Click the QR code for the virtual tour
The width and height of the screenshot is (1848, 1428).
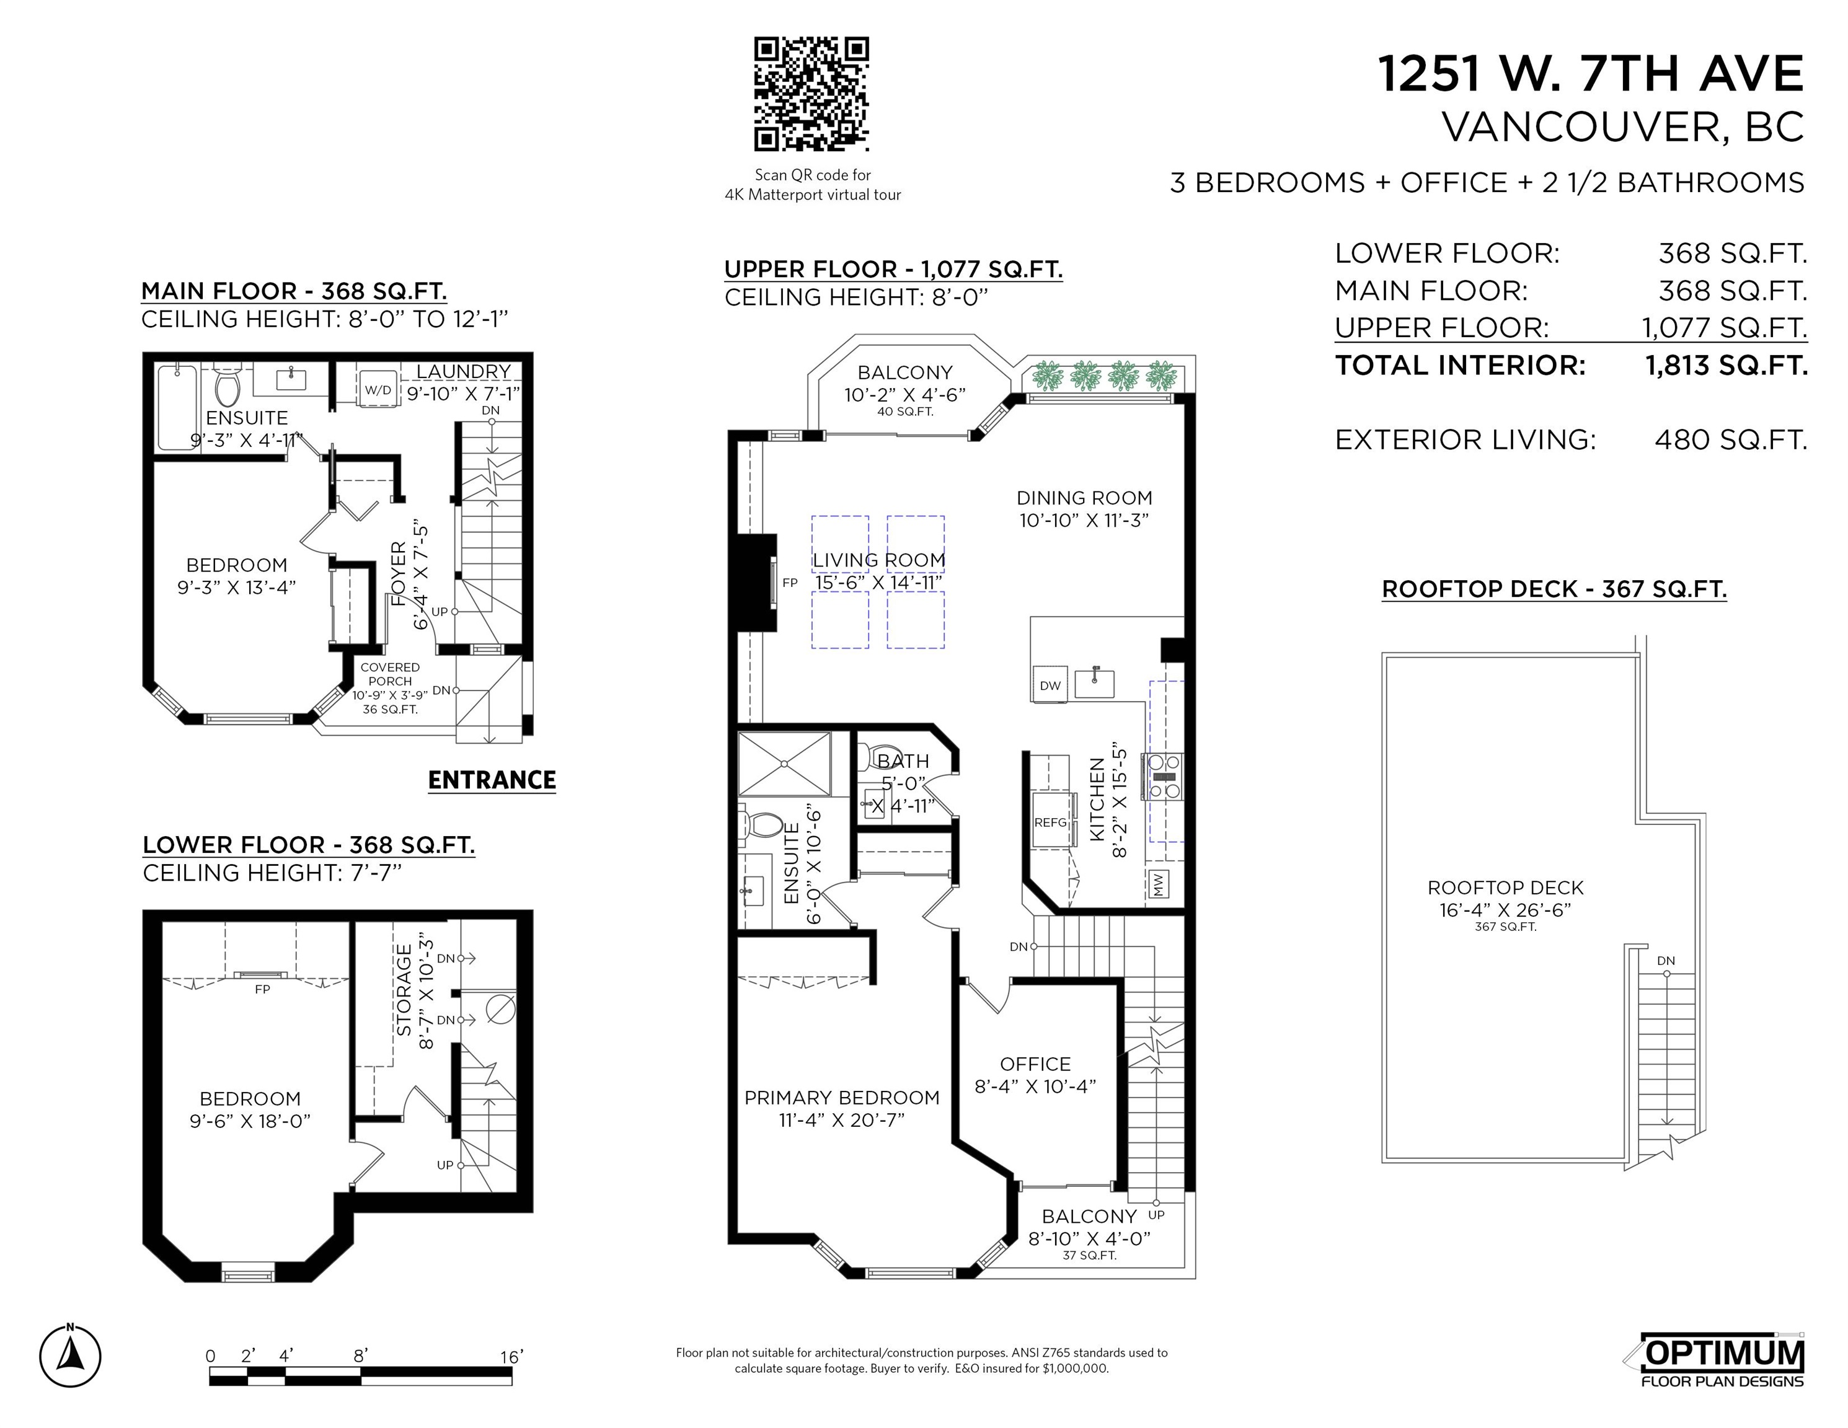[x=811, y=94]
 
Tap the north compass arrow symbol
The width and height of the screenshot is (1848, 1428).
[x=70, y=1356]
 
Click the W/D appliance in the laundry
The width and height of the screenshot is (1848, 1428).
[x=378, y=390]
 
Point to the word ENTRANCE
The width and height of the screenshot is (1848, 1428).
[x=492, y=780]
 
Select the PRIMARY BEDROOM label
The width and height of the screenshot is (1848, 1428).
[x=842, y=1097]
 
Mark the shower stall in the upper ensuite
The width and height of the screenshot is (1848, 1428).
[x=784, y=764]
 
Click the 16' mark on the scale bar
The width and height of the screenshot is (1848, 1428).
[x=511, y=1357]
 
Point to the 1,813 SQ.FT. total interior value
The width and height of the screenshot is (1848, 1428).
[x=1726, y=366]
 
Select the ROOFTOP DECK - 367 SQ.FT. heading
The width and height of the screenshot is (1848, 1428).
[x=1554, y=589]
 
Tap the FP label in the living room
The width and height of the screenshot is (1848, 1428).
[x=789, y=582]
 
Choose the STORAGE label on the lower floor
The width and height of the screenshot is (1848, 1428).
[x=404, y=990]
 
